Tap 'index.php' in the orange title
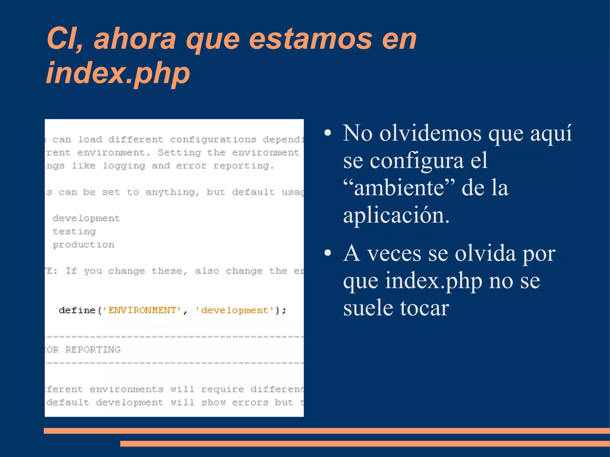[x=118, y=73]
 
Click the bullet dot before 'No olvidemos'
[x=328, y=133]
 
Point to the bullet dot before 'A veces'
[x=328, y=253]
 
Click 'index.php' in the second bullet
[x=433, y=281]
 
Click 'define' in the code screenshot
[x=77, y=310]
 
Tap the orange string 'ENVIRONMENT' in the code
[x=142, y=310]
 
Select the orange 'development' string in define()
[x=235, y=310]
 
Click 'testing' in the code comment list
[x=74, y=231]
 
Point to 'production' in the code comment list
[x=83, y=245]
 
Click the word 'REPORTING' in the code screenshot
[x=93, y=350]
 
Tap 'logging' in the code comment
[x=124, y=166]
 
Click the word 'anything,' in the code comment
[x=172, y=192]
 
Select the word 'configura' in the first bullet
[x=417, y=161]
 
